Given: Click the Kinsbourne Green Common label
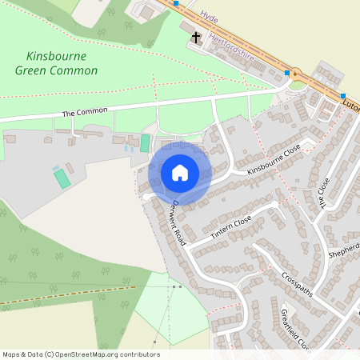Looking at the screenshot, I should point(56,63).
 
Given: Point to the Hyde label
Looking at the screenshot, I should point(210,16).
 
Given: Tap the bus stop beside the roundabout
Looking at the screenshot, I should point(287,74).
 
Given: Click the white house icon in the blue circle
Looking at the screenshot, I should point(180,172).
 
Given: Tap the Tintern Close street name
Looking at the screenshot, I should point(231,229).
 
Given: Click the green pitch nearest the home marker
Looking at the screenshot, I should point(145,143).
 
